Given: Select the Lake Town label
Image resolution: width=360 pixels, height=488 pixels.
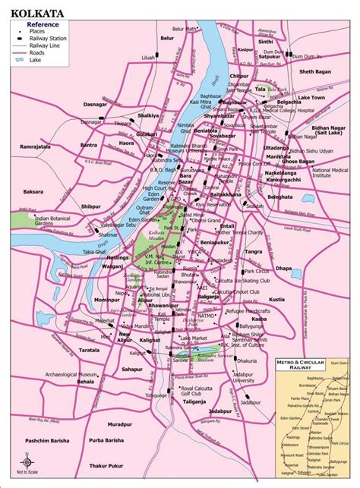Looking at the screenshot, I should (x=311, y=98).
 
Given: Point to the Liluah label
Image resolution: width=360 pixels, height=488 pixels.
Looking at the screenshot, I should (x=149, y=58).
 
